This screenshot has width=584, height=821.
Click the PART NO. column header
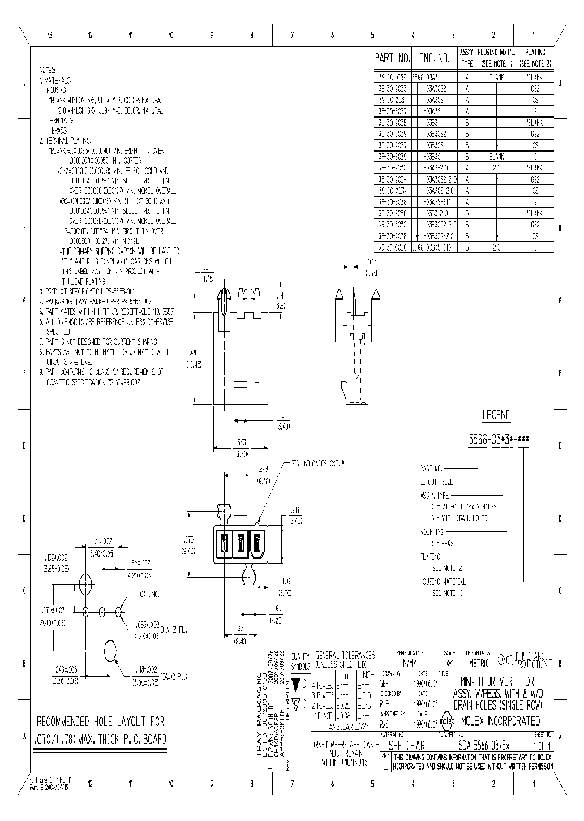click(x=393, y=58)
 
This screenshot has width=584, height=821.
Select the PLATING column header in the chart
click(x=536, y=56)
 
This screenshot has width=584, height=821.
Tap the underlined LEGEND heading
click(x=496, y=415)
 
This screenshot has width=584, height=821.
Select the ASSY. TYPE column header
click(x=468, y=56)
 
